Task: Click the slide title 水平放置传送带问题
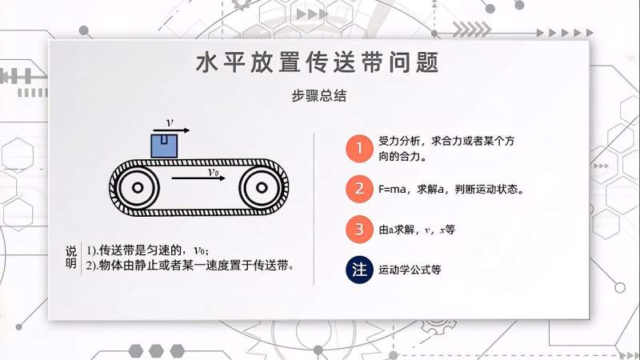(x=318, y=64)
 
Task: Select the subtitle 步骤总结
(x=318, y=94)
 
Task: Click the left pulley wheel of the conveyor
(x=137, y=188)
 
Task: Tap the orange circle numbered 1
(x=360, y=148)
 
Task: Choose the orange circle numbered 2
(x=360, y=190)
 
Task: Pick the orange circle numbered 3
(x=360, y=230)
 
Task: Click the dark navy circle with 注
(x=360, y=270)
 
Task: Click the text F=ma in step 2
(x=393, y=190)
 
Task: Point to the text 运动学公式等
(x=410, y=270)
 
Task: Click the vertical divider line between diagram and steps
(x=314, y=208)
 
